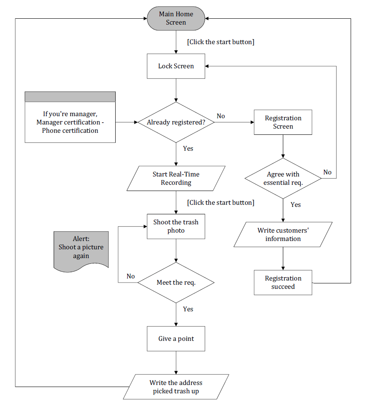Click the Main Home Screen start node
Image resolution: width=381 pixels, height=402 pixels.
(176, 18)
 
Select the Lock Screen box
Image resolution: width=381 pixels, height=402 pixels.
(176, 66)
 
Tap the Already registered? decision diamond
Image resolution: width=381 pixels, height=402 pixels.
(176, 122)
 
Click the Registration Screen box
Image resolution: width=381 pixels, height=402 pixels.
(283, 122)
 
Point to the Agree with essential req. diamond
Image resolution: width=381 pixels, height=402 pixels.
(283, 178)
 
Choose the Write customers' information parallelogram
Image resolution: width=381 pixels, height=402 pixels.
(283, 235)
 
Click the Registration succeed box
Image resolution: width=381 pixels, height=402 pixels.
(283, 283)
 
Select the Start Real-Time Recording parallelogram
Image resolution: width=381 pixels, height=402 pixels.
(176, 179)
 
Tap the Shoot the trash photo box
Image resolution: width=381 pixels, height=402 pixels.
(176, 226)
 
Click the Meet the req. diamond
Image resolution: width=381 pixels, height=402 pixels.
(176, 283)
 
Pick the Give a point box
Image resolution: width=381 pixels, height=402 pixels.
(176, 339)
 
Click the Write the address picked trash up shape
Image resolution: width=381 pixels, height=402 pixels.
(176, 387)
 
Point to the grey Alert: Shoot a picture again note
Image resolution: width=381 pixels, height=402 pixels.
(81, 250)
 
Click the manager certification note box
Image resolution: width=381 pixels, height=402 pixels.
(70, 117)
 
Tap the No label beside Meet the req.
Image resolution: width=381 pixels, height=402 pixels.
(131, 276)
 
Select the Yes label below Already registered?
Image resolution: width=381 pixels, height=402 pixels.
(188, 149)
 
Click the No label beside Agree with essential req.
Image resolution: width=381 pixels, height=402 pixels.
(327, 172)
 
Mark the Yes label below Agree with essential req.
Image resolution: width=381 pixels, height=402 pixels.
(296, 205)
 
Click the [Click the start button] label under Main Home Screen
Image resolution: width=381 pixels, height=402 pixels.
(220, 42)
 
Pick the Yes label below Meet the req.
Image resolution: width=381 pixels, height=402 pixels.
(188, 309)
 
